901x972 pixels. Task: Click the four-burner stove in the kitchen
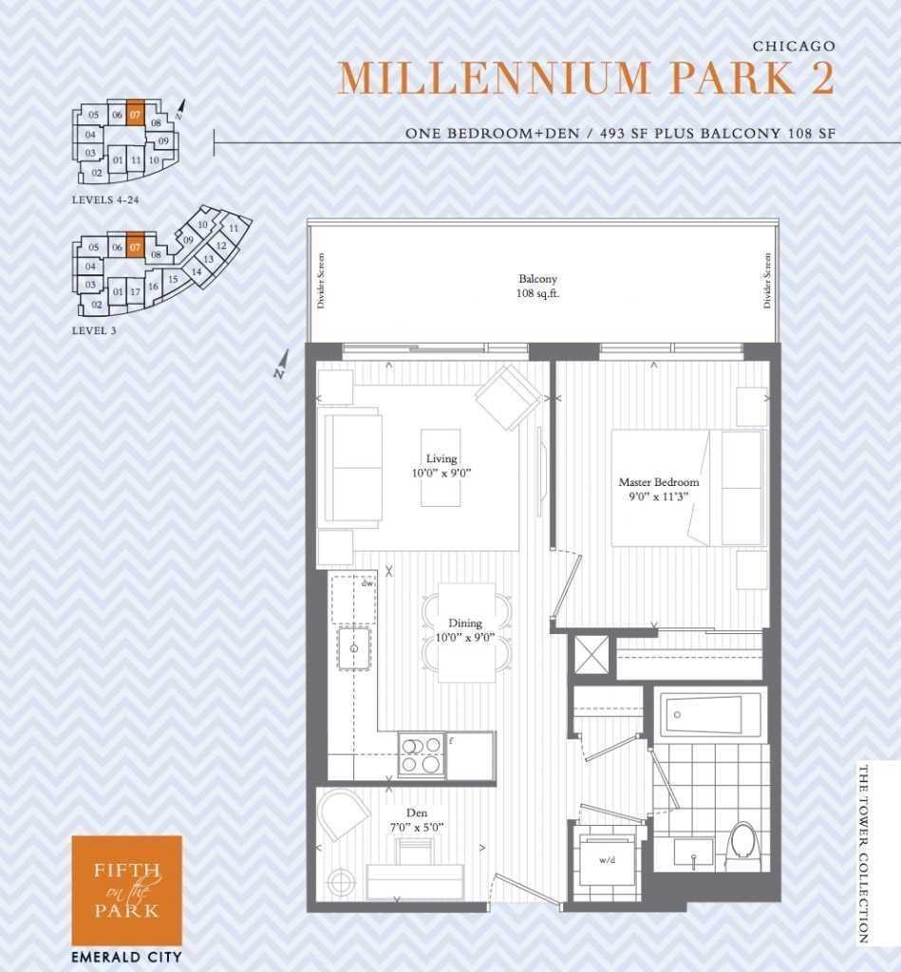click(421, 755)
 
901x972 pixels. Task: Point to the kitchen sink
click(354, 648)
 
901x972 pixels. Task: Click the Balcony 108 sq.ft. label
click(537, 287)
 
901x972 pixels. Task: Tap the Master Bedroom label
click(659, 489)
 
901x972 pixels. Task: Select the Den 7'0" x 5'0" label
click(417, 820)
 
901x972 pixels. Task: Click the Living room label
click(441, 465)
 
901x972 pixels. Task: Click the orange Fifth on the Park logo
click(126, 890)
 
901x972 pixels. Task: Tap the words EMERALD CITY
click(126, 957)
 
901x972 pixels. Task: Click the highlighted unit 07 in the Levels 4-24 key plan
click(136, 114)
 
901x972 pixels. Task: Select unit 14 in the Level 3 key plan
click(197, 271)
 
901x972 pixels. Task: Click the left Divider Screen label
click(321, 280)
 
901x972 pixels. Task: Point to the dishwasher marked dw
click(353, 600)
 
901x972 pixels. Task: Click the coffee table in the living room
click(441, 467)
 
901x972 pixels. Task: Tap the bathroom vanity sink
click(694, 853)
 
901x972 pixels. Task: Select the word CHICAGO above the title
click(795, 46)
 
